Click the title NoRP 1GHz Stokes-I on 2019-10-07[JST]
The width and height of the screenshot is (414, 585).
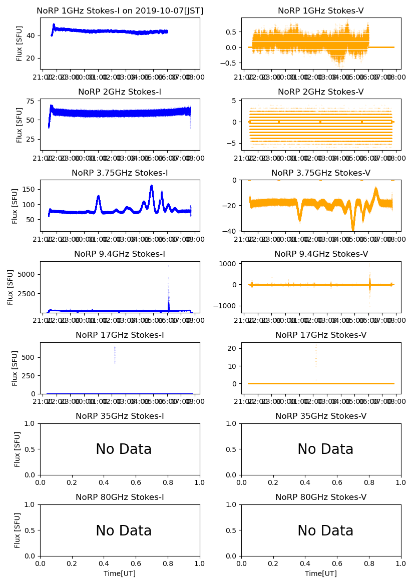[120, 11]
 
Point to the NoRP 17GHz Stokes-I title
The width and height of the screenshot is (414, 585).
[120, 335]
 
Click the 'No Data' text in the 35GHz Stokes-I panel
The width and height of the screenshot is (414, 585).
[124, 449]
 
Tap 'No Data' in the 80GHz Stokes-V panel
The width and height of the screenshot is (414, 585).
[325, 530]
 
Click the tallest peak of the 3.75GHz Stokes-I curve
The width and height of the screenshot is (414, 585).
[151, 186]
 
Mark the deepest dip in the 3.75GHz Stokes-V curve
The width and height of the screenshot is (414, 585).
[353, 229]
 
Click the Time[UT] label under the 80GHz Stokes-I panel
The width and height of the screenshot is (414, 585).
[120, 573]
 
